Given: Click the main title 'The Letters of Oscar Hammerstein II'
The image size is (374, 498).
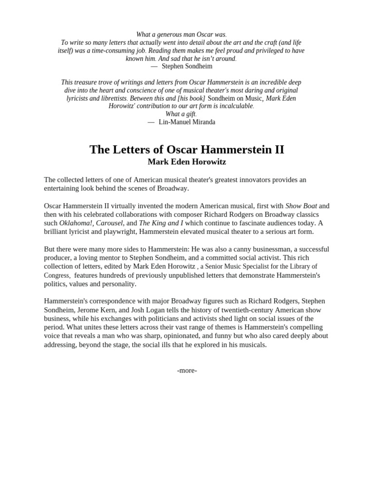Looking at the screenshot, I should pyautogui.click(x=187, y=149).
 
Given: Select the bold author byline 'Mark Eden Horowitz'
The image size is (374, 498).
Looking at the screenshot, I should pyautogui.click(x=187, y=162).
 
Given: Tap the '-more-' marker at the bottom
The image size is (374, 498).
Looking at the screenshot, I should pyautogui.click(x=187, y=371).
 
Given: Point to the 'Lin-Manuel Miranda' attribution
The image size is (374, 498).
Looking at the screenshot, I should pyautogui.click(x=187, y=122).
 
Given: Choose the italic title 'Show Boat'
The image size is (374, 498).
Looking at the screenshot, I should pyautogui.click(x=301, y=206).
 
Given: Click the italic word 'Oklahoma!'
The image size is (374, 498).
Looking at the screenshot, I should pyautogui.click(x=76, y=223).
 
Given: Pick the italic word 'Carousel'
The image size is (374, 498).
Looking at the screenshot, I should pyautogui.click(x=109, y=223).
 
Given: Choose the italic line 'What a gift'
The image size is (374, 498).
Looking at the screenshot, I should pyautogui.click(x=181, y=114).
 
